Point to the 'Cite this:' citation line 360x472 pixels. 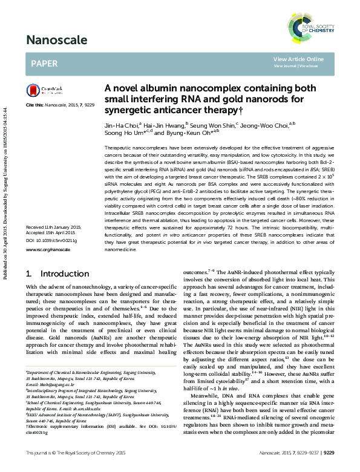tap(60, 105)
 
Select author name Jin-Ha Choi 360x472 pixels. tap(120, 123)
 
